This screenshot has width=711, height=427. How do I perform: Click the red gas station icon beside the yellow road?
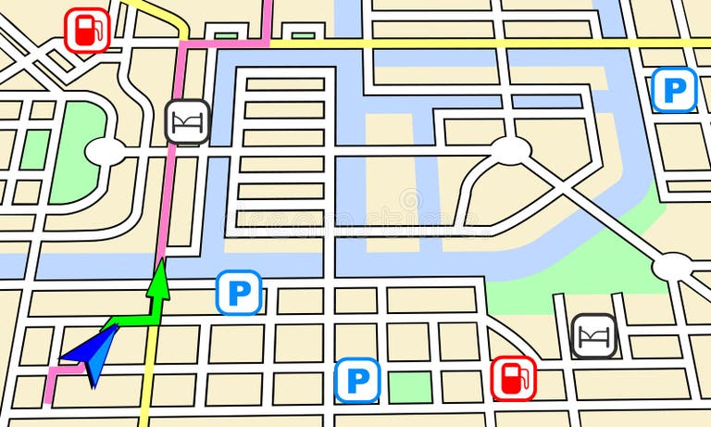pyautogui.click(x=87, y=30)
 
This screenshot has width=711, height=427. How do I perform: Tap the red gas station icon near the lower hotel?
pyautogui.click(x=513, y=378)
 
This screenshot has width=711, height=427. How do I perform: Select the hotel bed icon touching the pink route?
pyautogui.click(x=188, y=121)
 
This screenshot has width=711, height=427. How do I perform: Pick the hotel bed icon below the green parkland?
pyautogui.click(x=593, y=336)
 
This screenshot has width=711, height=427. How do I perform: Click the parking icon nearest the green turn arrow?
pyautogui.click(x=239, y=293)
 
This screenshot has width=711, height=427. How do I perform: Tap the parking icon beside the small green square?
pyautogui.click(x=357, y=380)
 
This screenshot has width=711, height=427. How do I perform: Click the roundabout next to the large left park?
pyautogui.click(x=107, y=151)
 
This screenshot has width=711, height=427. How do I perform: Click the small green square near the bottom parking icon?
pyautogui.click(x=409, y=386)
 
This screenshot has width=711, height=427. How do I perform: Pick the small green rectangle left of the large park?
pyautogui.click(x=35, y=148)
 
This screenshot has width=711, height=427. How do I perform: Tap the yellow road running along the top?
pyautogui.click(x=463, y=44)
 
